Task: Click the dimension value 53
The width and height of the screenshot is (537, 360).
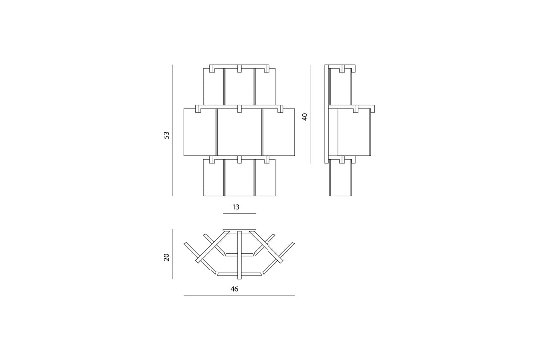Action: [x=167, y=135]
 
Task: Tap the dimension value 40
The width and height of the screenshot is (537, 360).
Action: [x=305, y=117]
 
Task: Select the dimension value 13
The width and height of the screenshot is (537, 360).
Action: [x=236, y=207]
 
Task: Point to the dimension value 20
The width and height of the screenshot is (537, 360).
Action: [x=167, y=257]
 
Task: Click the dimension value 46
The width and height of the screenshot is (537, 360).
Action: [x=234, y=289]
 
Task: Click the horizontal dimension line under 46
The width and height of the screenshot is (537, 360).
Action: [x=239, y=295]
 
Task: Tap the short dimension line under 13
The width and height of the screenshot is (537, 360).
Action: [x=239, y=213]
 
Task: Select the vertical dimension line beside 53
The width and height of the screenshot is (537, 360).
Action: [x=173, y=130]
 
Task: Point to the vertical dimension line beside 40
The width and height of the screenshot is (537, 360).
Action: [x=311, y=114]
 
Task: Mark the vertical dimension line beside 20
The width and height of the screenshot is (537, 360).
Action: [x=173, y=254]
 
